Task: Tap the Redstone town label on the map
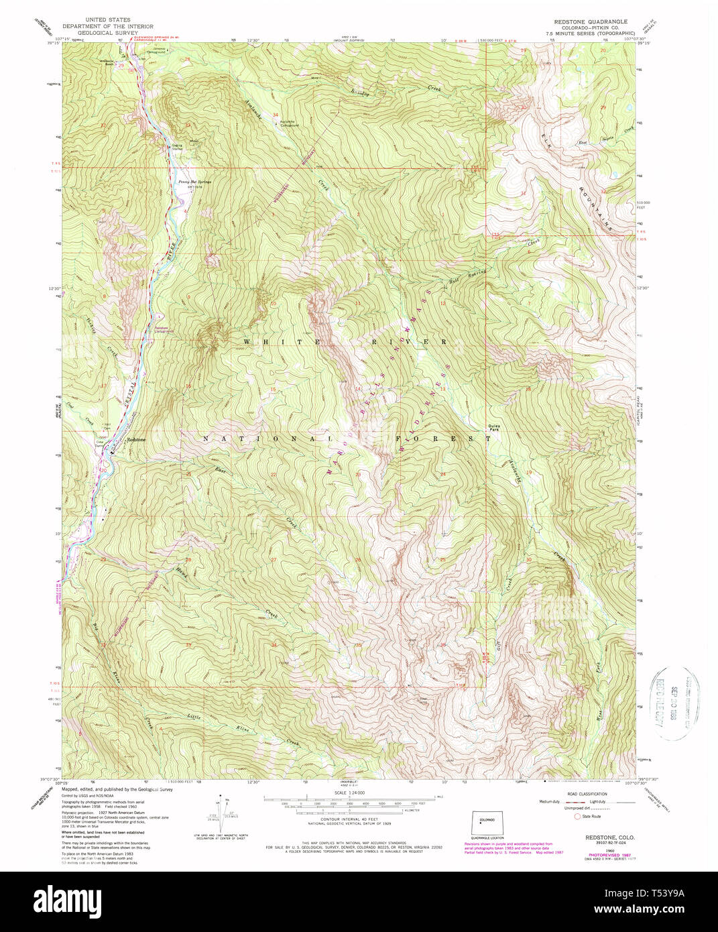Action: (136, 439)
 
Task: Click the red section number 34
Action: (276, 115)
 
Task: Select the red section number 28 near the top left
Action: (188, 60)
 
